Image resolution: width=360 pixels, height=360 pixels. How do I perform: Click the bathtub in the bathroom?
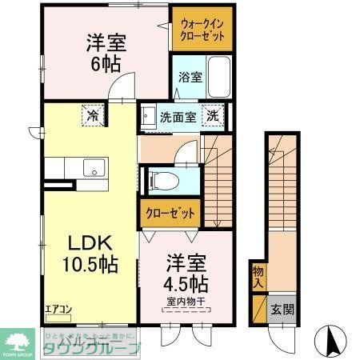(218, 79)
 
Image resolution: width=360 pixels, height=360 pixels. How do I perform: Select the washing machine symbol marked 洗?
(214, 115)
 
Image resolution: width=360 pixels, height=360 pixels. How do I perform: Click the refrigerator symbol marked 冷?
(92, 116)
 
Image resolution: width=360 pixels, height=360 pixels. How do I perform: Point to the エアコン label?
(57, 309)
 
